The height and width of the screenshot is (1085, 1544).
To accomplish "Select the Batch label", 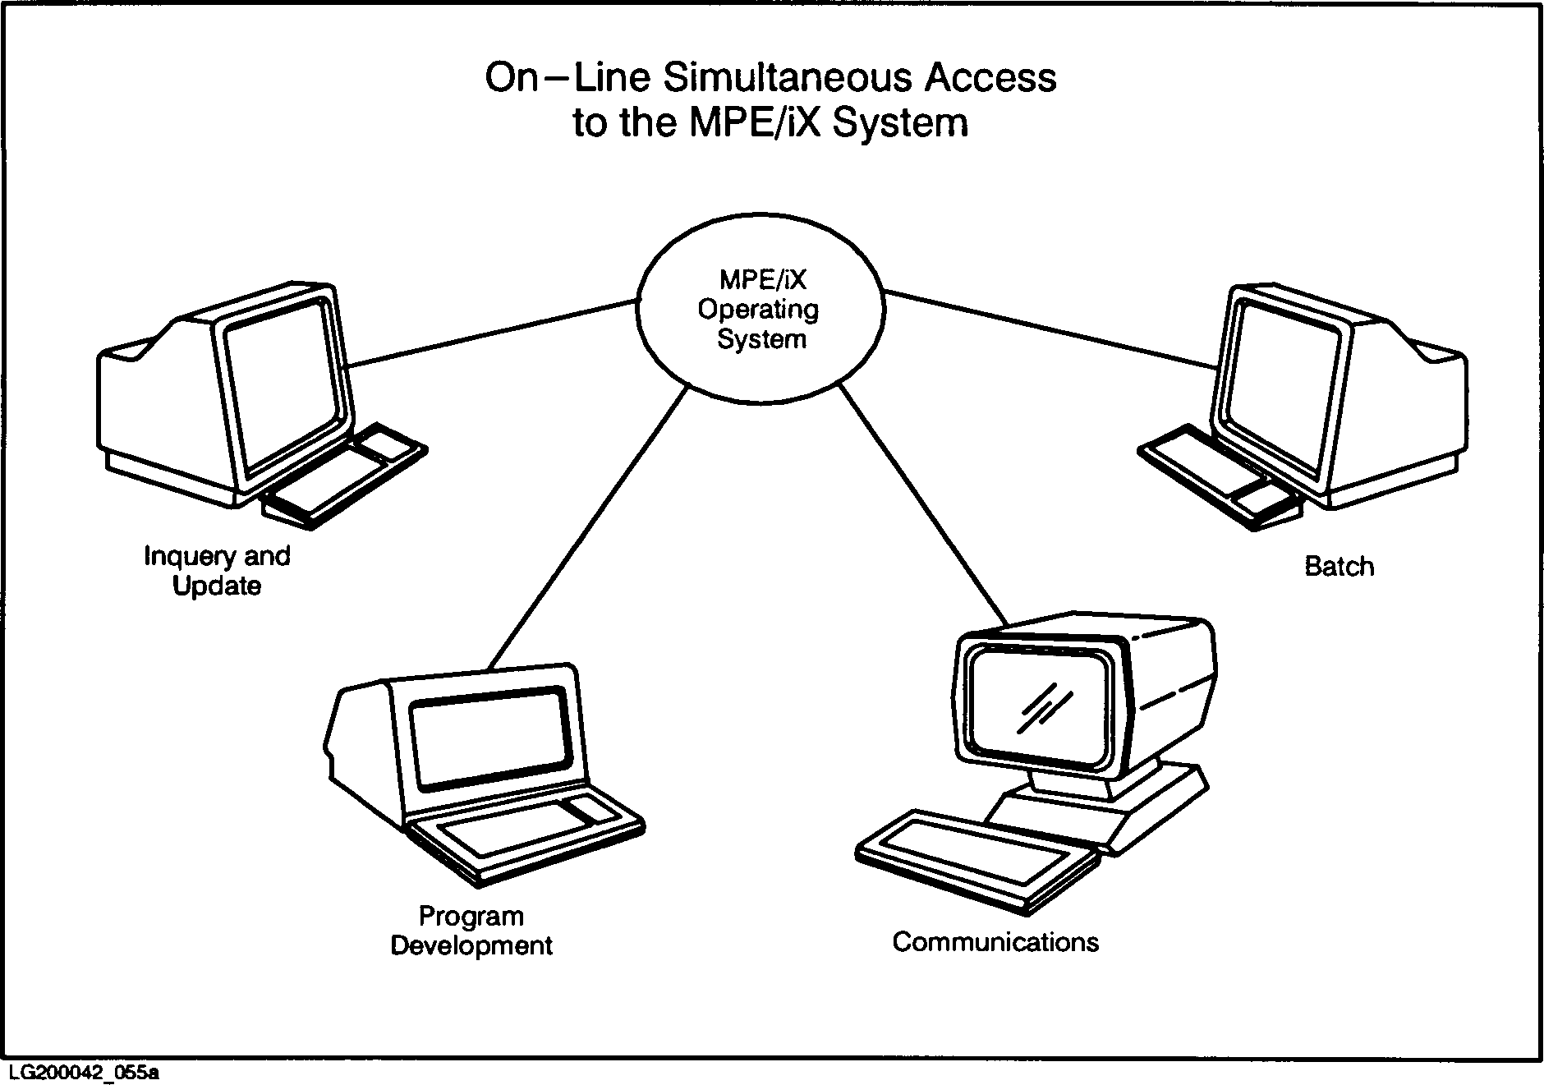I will pos(1339,567).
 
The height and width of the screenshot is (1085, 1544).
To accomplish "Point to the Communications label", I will pos(995,941).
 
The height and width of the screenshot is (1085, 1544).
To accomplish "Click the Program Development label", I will pos(471,931).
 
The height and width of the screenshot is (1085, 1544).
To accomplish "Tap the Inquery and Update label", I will pos(217,571).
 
